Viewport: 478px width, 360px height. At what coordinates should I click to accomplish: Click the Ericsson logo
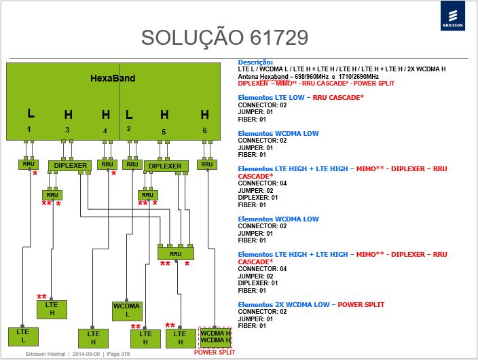point(453,16)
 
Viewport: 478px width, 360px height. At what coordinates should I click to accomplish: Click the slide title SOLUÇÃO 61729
point(225,38)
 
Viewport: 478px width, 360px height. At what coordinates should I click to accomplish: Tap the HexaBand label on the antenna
point(113,78)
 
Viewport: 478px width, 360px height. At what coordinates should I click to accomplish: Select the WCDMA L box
point(127,310)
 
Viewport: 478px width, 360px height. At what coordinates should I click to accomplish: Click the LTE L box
point(24,336)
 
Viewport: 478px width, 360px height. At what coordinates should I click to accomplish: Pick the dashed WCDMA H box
point(215,337)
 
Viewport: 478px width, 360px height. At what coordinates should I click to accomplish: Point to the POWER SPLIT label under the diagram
point(215,353)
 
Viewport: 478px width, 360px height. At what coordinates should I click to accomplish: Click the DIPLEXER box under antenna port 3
point(70,166)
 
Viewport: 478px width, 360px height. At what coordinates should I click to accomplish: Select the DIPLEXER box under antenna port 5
point(166,166)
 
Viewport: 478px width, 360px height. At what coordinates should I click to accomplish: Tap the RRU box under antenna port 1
point(29,164)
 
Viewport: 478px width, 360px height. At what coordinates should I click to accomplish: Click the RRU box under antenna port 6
point(206,164)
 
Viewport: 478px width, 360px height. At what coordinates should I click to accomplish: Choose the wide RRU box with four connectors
point(176,253)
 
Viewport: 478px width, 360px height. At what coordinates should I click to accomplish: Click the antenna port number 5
point(164,132)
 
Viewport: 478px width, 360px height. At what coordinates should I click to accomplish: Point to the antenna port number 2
point(128,129)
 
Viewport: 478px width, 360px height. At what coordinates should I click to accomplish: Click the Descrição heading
point(255,62)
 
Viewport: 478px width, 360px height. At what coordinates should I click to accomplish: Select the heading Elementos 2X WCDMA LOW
point(284,304)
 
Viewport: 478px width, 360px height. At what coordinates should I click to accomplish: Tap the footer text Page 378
point(118,354)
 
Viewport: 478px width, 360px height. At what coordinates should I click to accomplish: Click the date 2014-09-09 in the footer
point(86,354)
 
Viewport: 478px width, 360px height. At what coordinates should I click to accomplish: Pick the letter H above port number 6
point(205,115)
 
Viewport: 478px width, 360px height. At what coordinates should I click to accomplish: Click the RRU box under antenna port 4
point(107,164)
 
